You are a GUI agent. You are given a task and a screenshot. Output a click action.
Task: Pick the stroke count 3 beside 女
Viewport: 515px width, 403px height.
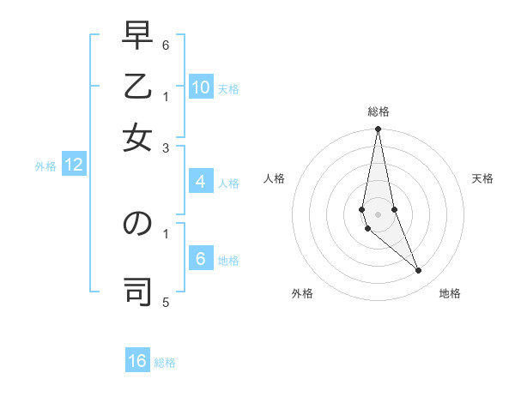coord(166,147)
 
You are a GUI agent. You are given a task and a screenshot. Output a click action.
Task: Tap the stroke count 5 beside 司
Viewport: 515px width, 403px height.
coord(166,302)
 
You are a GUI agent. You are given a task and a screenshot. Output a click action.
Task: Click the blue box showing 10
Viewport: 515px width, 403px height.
coord(201,87)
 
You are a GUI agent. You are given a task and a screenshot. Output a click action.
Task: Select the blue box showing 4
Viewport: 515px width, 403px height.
coord(200,182)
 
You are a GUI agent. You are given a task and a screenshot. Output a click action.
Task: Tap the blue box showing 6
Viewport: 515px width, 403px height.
coord(200,259)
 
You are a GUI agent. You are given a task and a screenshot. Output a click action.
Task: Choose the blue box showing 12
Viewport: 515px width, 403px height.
coord(74,165)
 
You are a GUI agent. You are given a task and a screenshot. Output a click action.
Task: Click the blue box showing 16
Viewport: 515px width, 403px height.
coord(137,361)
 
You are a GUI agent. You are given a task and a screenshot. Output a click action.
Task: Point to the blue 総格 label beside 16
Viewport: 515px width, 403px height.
coord(165,363)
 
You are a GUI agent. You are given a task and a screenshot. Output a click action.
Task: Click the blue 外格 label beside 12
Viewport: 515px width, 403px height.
coord(45,166)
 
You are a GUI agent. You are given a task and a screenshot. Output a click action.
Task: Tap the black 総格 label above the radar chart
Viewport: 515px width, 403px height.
coord(378,112)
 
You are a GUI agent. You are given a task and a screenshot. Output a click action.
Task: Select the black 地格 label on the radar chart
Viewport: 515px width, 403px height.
coord(450,293)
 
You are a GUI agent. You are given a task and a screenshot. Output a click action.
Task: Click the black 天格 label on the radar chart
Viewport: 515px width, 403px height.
coord(482,178)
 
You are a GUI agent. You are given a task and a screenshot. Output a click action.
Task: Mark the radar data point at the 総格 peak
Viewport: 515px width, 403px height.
coord(378,129)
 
